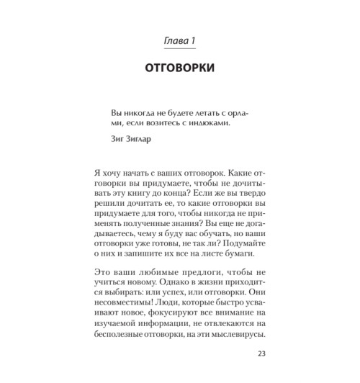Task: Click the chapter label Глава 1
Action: [179, 42]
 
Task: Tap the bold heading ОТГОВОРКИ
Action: [179, 69]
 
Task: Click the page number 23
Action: [261, 353]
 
